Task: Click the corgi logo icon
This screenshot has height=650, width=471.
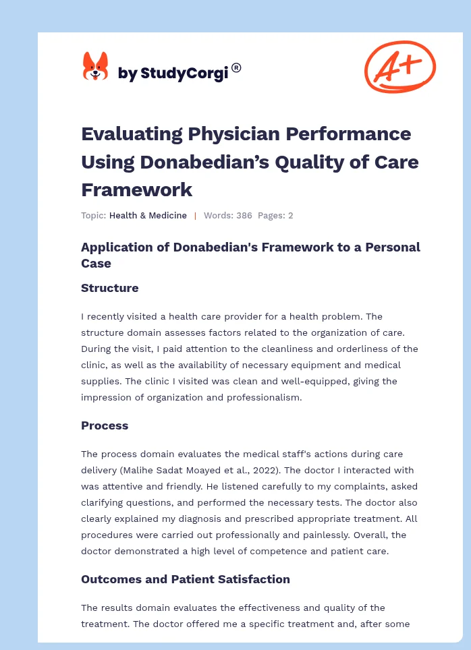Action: tap(95, 67)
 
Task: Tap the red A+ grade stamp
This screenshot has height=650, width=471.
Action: tap(399, 67)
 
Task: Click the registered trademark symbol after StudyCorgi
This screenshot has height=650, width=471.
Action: tap(236, 67)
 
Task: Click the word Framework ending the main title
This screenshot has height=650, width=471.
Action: tap(136, 189)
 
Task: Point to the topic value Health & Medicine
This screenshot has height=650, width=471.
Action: tap(148, 216)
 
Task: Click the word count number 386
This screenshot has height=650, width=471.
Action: tap(244, 216)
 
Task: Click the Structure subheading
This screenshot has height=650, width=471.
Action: tap(109, 288)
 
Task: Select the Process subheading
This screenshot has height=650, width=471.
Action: tap(105, 425)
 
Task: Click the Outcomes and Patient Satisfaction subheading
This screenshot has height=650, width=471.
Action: tap(186, 579)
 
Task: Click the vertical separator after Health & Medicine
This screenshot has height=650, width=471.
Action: tap(195, 216)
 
